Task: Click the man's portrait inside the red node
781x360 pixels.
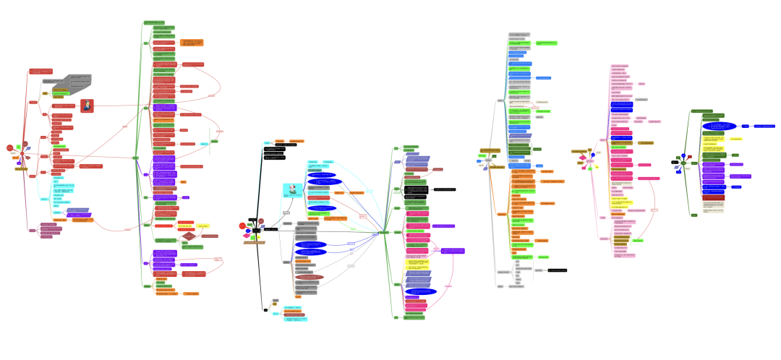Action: pyautogui.click(x=87, y=106)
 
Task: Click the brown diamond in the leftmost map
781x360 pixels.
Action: pyautogui.click(x=188, y=236)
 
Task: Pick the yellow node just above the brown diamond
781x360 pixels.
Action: pyautogui.click(x=203, y=226)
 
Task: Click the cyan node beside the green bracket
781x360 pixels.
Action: pyautogui.click(x=205, y=143)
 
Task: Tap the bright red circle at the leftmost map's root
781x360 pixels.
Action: pyautogui.click(x=9, y=148)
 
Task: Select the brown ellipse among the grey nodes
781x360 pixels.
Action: pyautogui.click(x=310, y=277)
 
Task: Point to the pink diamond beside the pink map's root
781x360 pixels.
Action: pyautogui.click(x=582, y=158)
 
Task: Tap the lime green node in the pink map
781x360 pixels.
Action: pyautogui.click(x=639, y=239)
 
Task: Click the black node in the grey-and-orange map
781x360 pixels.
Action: pyautogui.click(x=557, y=270)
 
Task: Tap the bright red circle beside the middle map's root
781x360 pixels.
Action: pyautogui.click(x=242, y=226)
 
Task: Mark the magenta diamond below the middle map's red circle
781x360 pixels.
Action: pyautogui.click(x=246, y=236)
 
